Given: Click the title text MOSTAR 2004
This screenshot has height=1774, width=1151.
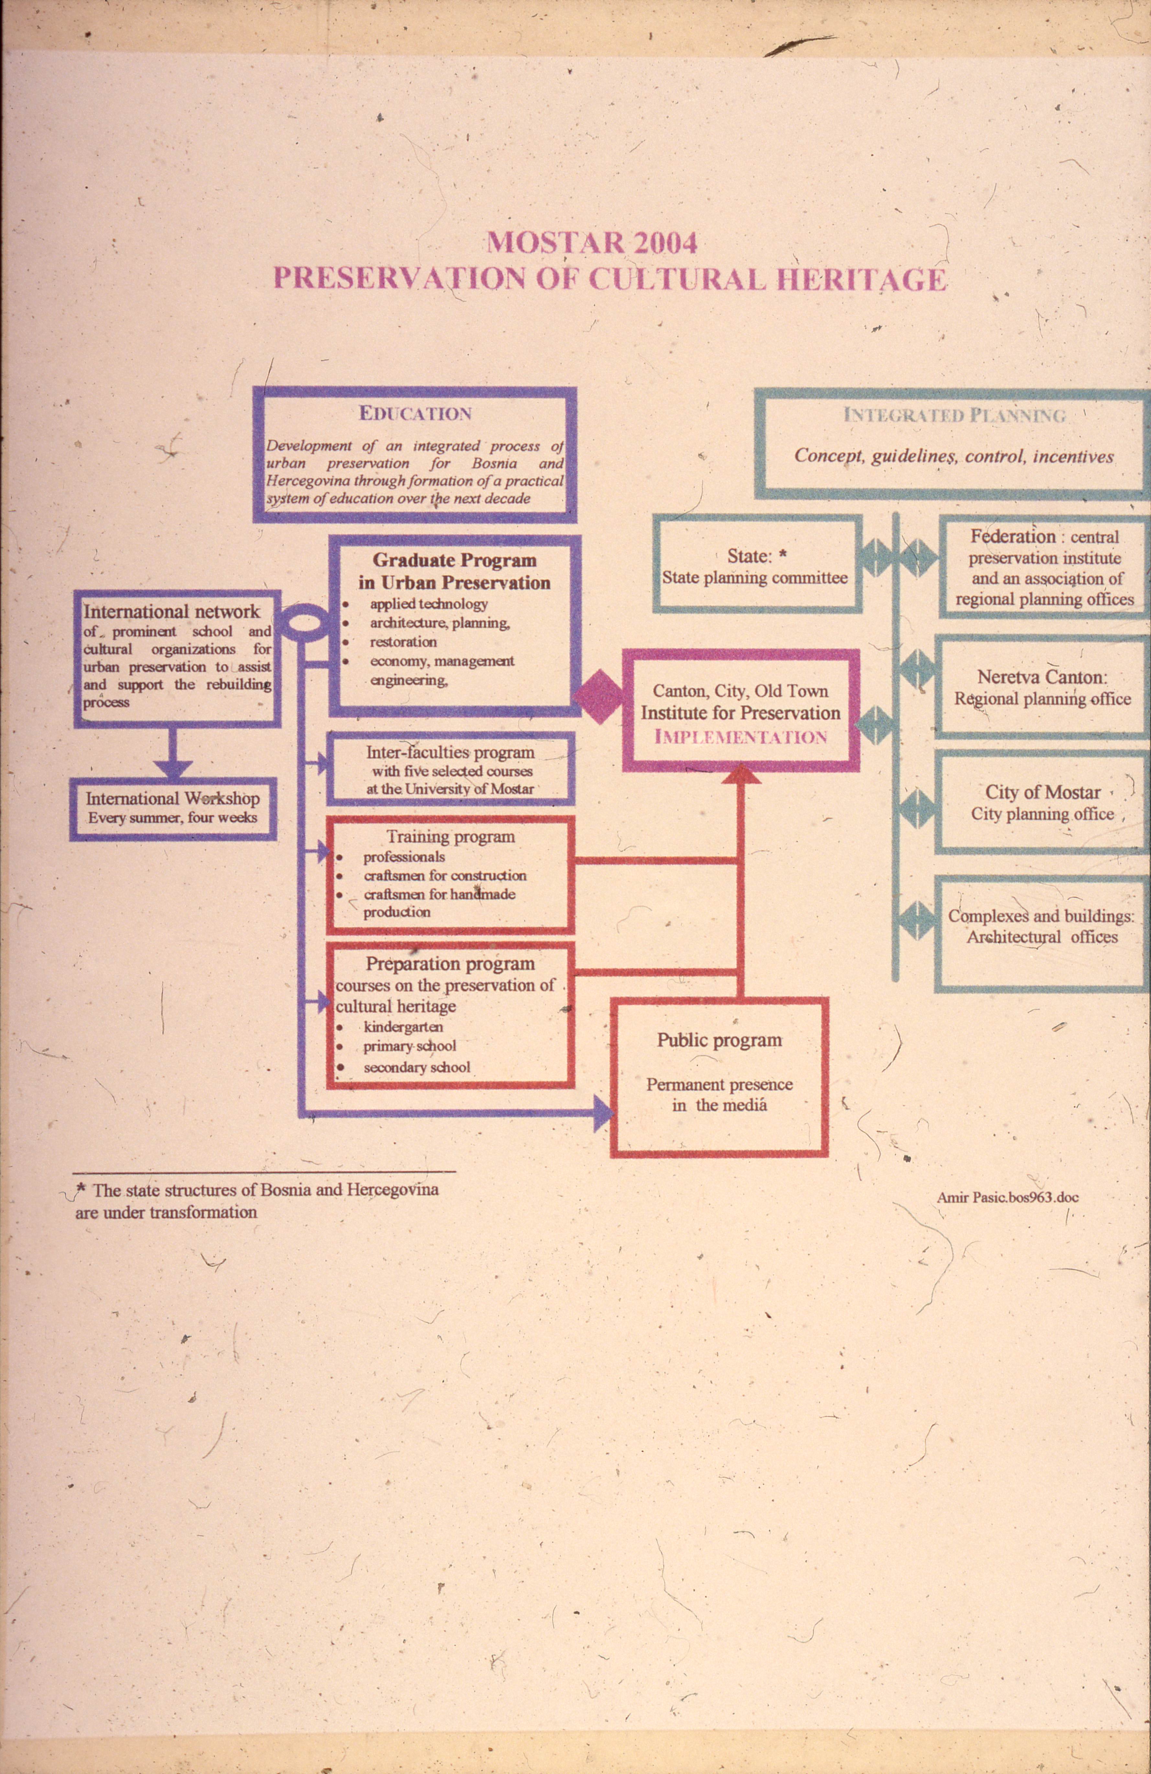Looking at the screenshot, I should click(592, 243).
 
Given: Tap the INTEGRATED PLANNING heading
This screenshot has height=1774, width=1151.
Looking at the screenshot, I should click(954, 416).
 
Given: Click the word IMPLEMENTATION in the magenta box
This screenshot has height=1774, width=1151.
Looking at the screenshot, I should click(741, 737).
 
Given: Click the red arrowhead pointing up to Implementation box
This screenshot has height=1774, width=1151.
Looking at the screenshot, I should click(741, 775).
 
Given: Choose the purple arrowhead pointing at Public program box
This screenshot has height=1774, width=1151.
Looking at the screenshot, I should click(603, 1116).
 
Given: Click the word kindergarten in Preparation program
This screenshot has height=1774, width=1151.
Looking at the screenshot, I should click(403, 1027).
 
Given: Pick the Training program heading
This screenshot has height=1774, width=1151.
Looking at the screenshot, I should click(450, 836).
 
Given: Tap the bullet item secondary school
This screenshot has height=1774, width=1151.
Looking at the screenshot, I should click(417, 1067).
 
